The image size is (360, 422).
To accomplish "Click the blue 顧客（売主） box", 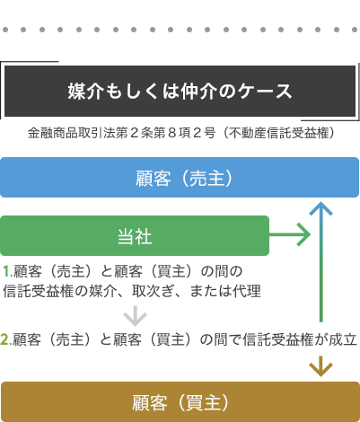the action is point(180,178).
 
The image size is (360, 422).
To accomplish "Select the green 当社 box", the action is point(135,236).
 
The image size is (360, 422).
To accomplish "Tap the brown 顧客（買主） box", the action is point(180,402).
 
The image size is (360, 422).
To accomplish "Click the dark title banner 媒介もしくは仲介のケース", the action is point(180,91).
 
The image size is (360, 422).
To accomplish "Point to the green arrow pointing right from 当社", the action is point(290,235).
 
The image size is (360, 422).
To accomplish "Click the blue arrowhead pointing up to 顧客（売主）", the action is point(320,208).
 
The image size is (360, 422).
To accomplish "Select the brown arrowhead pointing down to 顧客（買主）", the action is point(320,366).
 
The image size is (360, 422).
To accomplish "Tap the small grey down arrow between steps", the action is point(135,316).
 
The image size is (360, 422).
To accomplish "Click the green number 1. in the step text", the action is point(8,272).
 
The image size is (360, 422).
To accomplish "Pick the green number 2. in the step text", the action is point(6,339).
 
